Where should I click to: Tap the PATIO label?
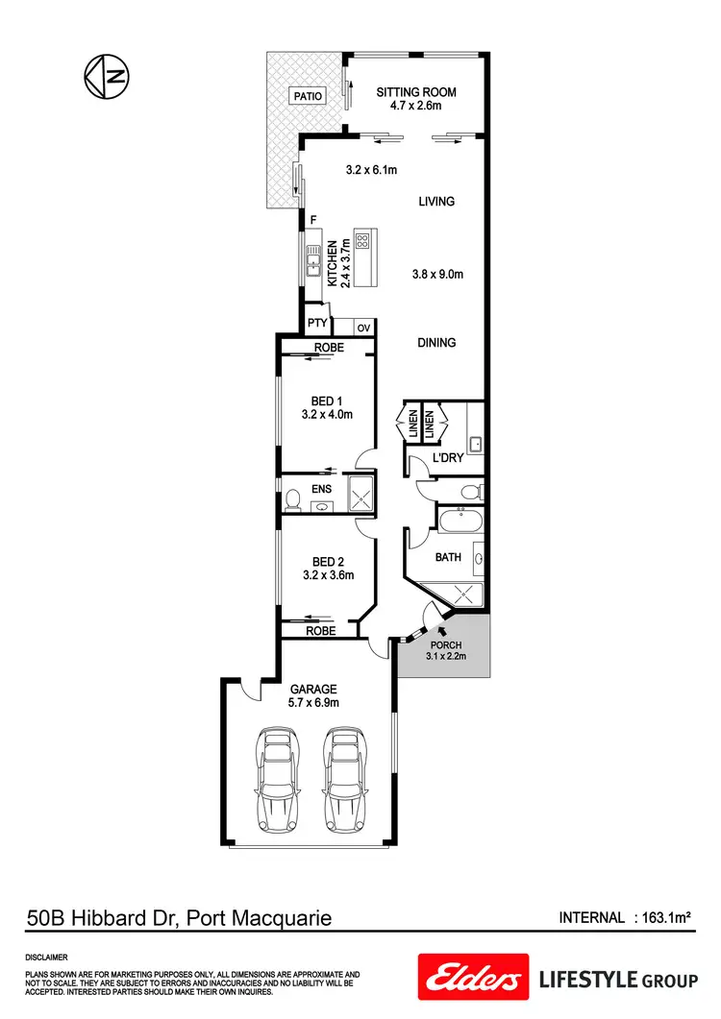point(308,95)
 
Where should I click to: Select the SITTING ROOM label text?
point(416,92)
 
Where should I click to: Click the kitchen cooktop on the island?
point(364,241)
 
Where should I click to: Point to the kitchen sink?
point(314,257)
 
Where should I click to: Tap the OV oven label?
point(363,328)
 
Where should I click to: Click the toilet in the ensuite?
point(293,497)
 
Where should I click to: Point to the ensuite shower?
point(358,495)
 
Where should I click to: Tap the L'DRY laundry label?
point(448,459)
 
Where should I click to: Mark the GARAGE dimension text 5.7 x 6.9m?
point(314,703)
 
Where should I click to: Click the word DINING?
point(436,343)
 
